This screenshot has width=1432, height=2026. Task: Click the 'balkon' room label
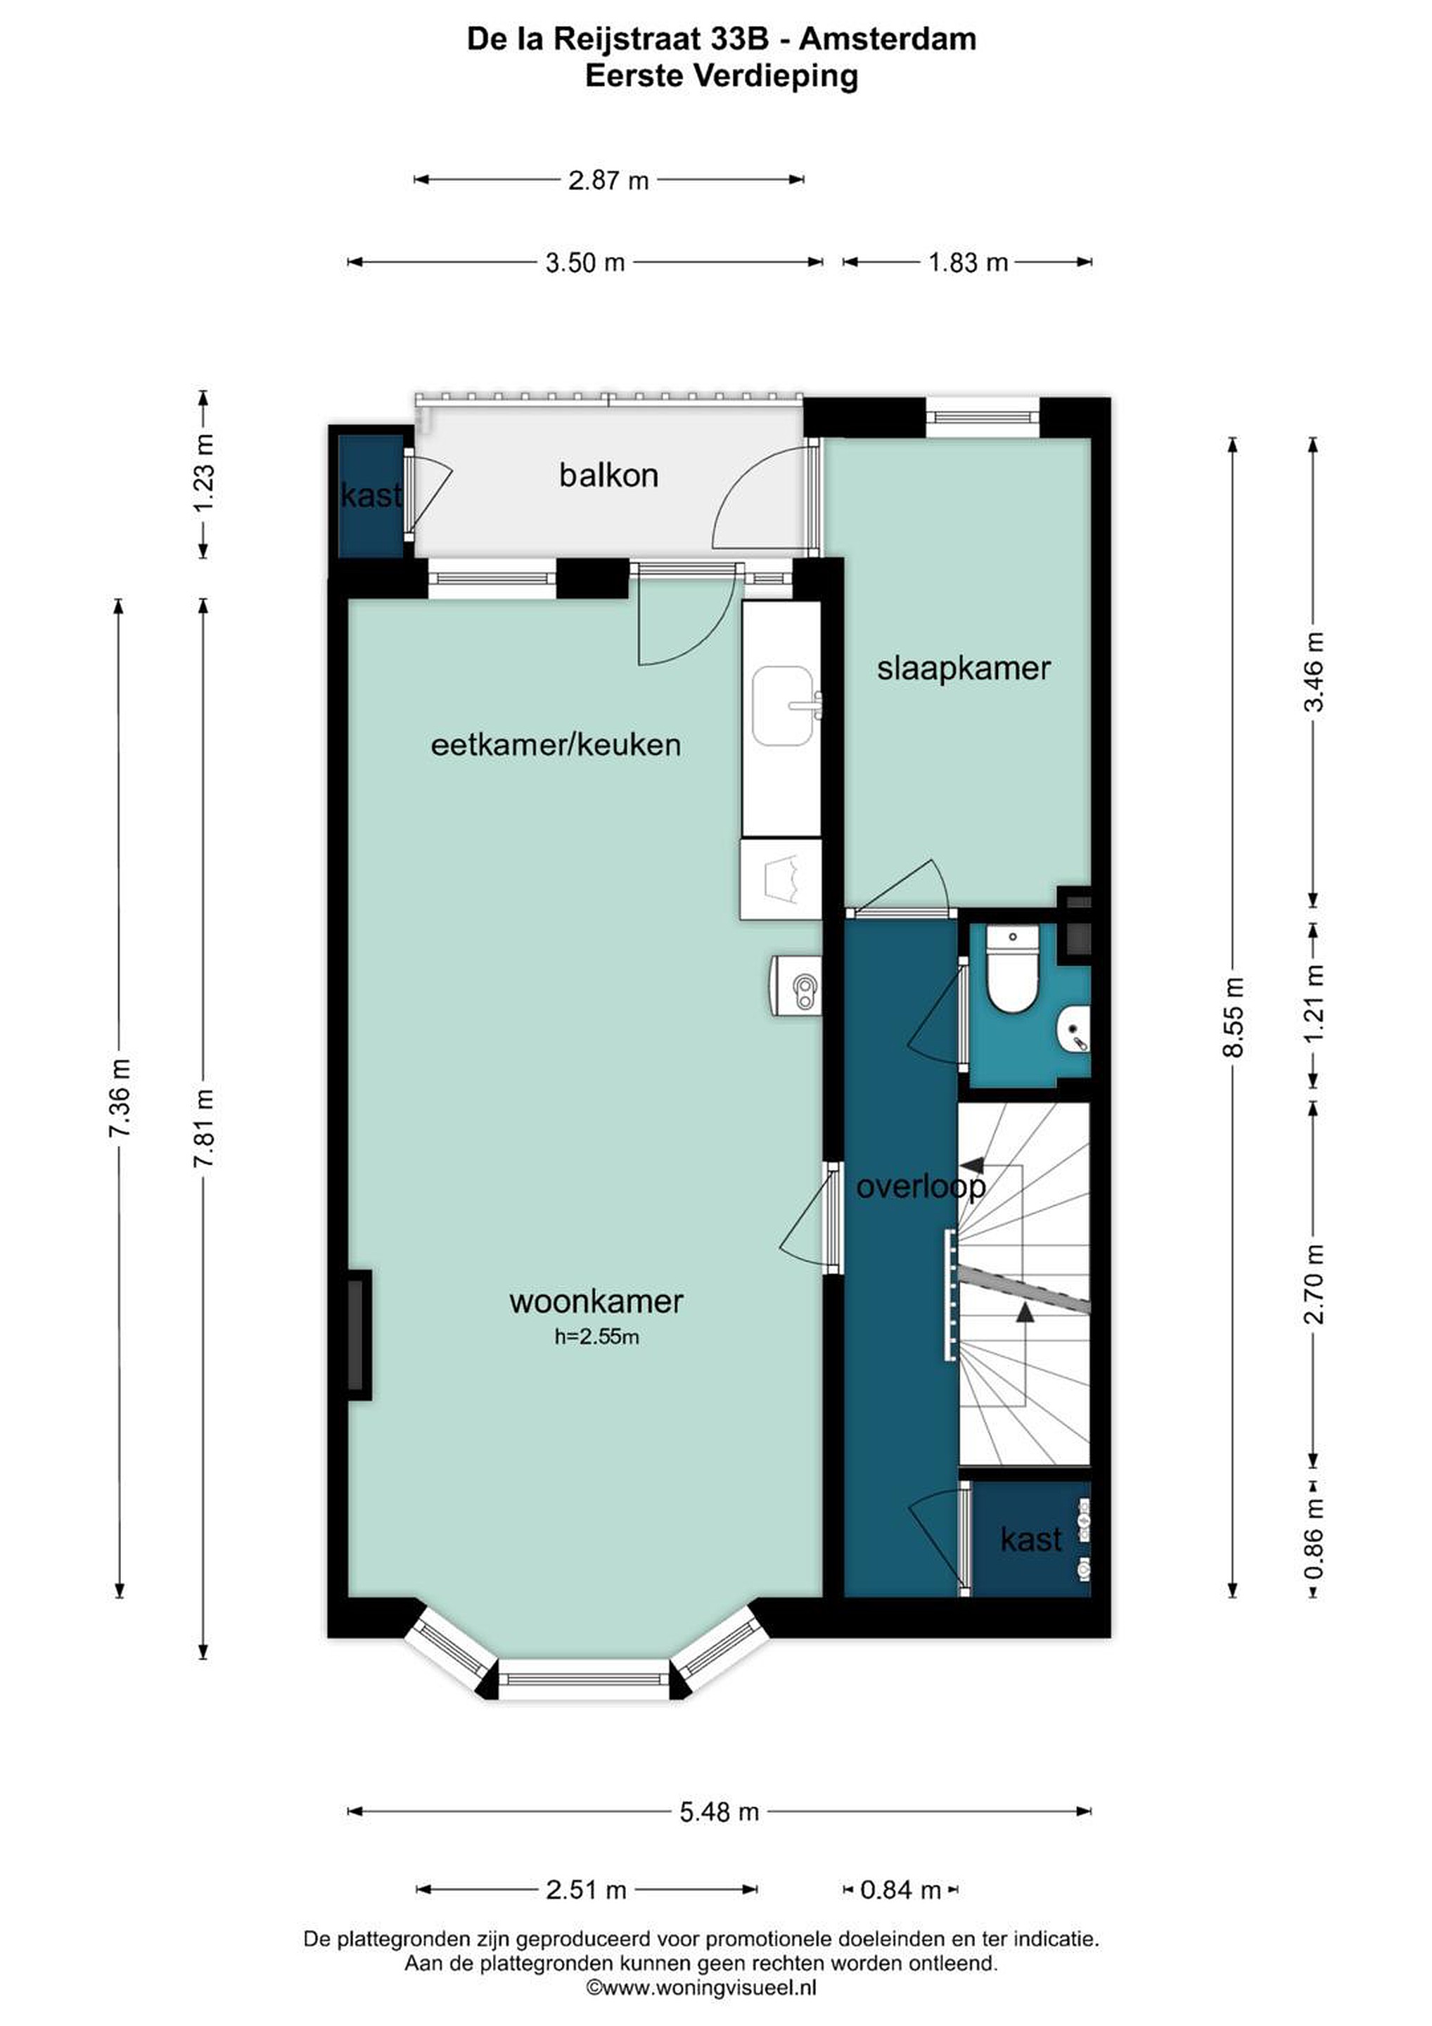[x=609, y=476]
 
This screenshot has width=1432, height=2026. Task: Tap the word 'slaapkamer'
[x=964, y=668]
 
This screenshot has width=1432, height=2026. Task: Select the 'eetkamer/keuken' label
[x=556, y=745]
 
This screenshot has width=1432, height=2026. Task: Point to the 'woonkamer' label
[x=596, y=1301]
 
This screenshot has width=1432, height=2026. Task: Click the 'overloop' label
[x=921, y=1187]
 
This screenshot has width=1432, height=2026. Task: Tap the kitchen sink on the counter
[x=784, y=706]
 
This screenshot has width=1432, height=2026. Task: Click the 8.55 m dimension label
[x=1234, y=1017]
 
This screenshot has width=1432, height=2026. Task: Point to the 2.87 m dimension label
[x=609, y=181]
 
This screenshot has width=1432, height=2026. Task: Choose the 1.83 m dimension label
[x=968, y=262]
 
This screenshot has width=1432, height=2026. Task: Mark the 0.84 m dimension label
[x=900, y=1890]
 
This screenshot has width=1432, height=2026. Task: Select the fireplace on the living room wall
[x=357, y=1334]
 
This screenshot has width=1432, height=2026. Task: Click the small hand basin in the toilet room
[x=1075, y=1029]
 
